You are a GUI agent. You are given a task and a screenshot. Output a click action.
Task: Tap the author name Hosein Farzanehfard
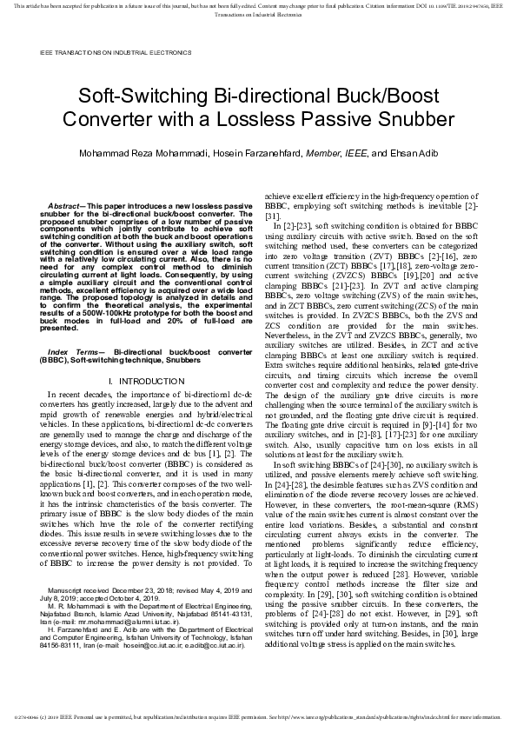[258, 152]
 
